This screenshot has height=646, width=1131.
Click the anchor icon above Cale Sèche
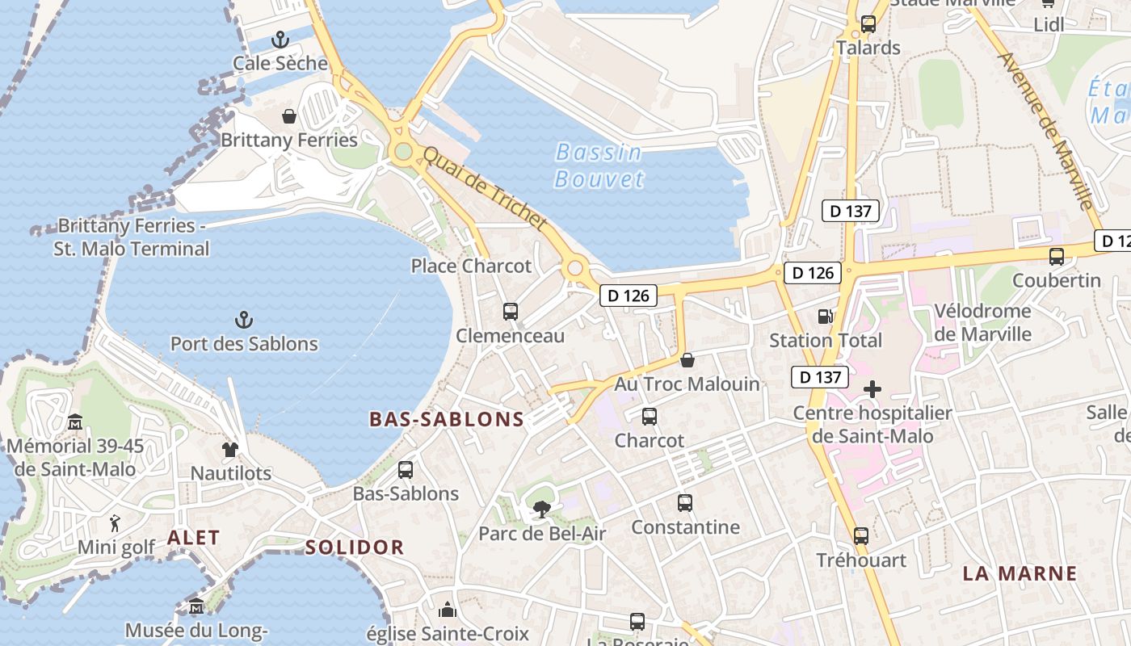pyautogui.click(x=280, y=40)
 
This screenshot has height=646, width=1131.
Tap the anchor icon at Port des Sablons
pyautogui.click(x=243, y=320)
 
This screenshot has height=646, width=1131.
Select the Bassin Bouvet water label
pyautogui.click(x=599, y=166)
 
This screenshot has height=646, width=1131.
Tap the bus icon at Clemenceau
pyautogui.click(x=510, y=312)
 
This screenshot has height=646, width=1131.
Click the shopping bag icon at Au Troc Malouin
pyautogui.click(x=687, y=359)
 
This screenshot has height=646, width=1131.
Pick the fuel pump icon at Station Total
pyautogui.click(x=825, y=317)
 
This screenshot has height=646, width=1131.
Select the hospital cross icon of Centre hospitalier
pyautogui.click(x=872, y=389)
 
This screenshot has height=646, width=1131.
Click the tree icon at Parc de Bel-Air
pyautogui.click(x=541, y=509)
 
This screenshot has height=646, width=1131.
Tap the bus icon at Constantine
pyautogui.click(x=685, y=503)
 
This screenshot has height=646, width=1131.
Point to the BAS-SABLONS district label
pyautogui.click(x=447, y=419)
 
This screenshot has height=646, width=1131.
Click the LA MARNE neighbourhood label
pyautogui.click(x=1020, y=573)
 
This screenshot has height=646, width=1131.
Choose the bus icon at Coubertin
pyautogui.click(x=1056, y=257)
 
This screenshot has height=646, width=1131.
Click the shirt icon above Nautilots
pyautogui.click(x=230, y=449)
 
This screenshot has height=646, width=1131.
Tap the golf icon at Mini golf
pyautogui.click(x=115, y=523)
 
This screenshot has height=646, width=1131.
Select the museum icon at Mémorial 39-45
pyautogui.click(x=75, y=422)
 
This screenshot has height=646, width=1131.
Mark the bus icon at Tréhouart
pyautogui.click(x=861, y=536)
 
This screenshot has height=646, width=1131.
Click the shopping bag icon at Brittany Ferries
pyautogui.click(x=289, y=116)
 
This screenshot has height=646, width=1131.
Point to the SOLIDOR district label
pyautogui.click(x=355, y=547)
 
